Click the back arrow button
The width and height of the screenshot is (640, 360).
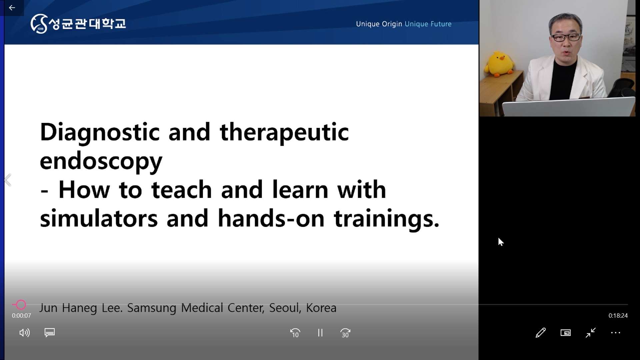[x=12, y=8]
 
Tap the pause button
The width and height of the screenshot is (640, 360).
[x=320, y=333]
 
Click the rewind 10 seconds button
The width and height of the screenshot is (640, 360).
[x=295, y=333]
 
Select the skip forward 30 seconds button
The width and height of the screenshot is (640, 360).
[x=345, y=333]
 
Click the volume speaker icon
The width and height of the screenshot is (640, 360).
[x=25, y=333]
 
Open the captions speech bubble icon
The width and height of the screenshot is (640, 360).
[x=50, y=333]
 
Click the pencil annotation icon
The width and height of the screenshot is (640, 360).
[x=541, y=333]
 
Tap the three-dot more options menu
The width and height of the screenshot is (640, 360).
[x=616, y=333]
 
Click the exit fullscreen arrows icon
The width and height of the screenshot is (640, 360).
[x=591, y=333]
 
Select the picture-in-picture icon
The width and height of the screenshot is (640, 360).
[x=566, y=333]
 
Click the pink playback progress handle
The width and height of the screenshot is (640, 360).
[x=21, y=304]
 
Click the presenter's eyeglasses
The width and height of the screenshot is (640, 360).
[x=566, y=37]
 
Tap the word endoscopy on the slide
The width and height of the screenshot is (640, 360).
[x=101, y=161]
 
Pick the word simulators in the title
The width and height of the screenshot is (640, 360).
[x=99, y=219]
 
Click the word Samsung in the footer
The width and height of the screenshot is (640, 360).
[x=152, y=308]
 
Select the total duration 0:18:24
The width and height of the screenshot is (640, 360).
[x=618, y=316]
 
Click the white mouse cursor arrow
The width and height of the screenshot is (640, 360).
[x=501, y=242]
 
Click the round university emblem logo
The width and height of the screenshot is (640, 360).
[x=39, y=24]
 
